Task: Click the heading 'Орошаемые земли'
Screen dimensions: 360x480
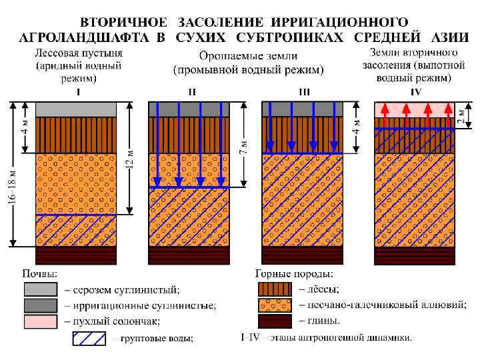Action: [x=248, y=56]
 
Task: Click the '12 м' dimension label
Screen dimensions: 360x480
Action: [x=131, y=157]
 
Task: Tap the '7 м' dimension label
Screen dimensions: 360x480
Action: [x=244, y=145]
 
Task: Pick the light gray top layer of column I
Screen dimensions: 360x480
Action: [x=76, y=109]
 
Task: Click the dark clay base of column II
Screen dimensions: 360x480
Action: [x=189, y=255]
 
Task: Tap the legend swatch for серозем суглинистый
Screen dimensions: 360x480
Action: [x=40, y=289]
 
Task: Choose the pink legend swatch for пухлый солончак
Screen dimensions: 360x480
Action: [x=40, y=321]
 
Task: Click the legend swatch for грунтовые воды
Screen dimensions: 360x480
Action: [x=89, y=338]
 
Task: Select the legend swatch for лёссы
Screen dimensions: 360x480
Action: [x=275, y=289]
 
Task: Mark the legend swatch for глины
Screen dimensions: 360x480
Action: [x=275, y=321]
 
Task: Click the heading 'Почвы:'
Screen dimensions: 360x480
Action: [x=40, y=274]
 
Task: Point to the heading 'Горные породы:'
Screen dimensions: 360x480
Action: [x=294, y=274]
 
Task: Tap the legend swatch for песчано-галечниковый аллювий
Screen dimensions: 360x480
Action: [x=275, y=305]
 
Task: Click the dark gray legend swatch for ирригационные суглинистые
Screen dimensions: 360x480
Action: [x=40, y=305]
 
